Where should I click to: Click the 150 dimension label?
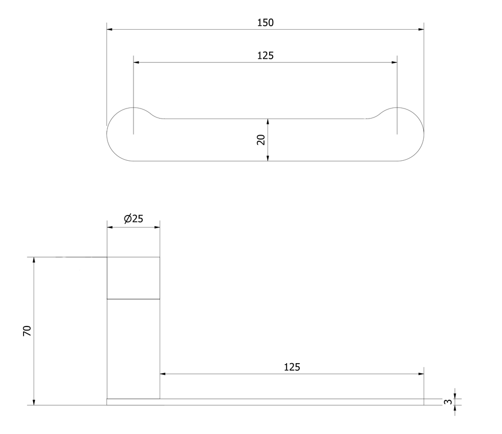point(266,23)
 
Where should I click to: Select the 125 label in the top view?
point(266,56)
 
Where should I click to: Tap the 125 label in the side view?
point(292,367)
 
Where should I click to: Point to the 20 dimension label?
point(261,140)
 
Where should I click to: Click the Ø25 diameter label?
point(134,219)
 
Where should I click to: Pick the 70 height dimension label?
point(28,331)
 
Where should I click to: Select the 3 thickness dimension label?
point(448,402)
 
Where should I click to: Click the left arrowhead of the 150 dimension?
point(109,30)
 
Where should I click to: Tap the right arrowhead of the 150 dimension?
point(421,30)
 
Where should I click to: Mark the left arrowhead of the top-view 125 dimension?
point(137,62)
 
